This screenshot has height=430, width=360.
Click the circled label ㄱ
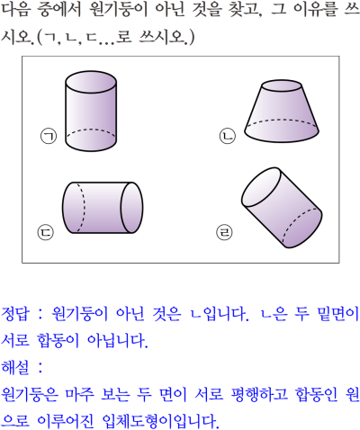point(49,136)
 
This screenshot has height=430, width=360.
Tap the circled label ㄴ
point(228,136)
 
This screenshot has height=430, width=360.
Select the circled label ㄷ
point(46,232)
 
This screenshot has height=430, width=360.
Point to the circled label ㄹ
point(224,232)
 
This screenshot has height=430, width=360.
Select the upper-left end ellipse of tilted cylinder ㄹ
point(261,187)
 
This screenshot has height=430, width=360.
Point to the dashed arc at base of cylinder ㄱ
point(91,130)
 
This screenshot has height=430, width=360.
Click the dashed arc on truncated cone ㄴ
point(282,120)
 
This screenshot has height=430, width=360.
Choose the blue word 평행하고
point(259,394)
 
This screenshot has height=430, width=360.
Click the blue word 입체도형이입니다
point(160,421)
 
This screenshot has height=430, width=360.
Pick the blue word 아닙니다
point(118,341)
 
